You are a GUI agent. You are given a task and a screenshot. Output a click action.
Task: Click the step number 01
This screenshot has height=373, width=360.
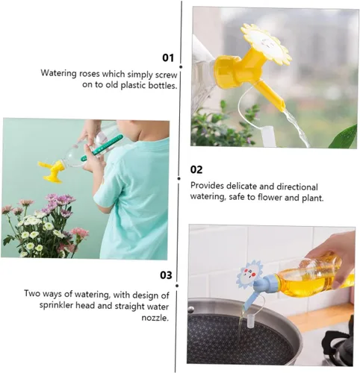click(x=168, y=57)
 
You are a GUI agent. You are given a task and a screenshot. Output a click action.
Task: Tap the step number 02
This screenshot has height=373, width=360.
click(x=196, y=169)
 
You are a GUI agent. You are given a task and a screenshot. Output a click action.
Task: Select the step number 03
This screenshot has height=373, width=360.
click(x=166, y=275)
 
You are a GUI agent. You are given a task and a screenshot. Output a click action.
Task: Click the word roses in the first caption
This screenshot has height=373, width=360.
click(x=90, y=74)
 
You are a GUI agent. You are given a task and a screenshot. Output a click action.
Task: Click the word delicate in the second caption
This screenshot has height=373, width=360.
click(x=245, y=186)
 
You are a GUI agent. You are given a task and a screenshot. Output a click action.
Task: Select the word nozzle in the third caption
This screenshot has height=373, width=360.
click(x=155, y=318)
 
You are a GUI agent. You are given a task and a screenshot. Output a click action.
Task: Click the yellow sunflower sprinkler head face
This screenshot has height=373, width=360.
click(x=266, y=45)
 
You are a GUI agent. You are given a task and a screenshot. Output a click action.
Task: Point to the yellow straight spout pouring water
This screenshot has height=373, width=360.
click(x=270, y=95)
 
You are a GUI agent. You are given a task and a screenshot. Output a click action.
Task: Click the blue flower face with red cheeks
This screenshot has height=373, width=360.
click(x=249, y=274)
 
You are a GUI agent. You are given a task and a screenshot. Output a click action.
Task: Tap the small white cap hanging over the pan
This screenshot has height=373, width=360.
click(x=252, y=321)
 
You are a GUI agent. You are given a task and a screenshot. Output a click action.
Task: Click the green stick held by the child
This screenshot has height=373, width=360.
click(x=102, y=148)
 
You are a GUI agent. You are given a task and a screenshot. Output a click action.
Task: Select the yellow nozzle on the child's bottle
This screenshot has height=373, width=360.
click(x=52, y=171)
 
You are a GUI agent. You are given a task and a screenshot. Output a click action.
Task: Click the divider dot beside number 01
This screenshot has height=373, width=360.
click(x=181, y=67)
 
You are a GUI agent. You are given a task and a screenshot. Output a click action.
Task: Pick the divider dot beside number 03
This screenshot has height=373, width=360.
click(x=177, y=286)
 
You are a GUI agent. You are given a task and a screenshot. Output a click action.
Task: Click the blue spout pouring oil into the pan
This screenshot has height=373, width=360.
click(x=250, y=301)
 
